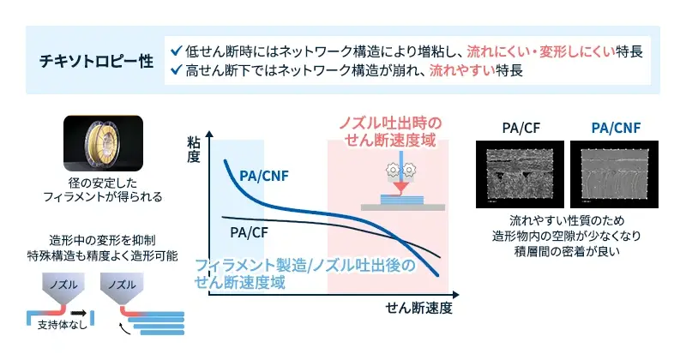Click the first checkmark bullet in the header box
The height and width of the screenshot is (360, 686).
[x=177, y=50]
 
